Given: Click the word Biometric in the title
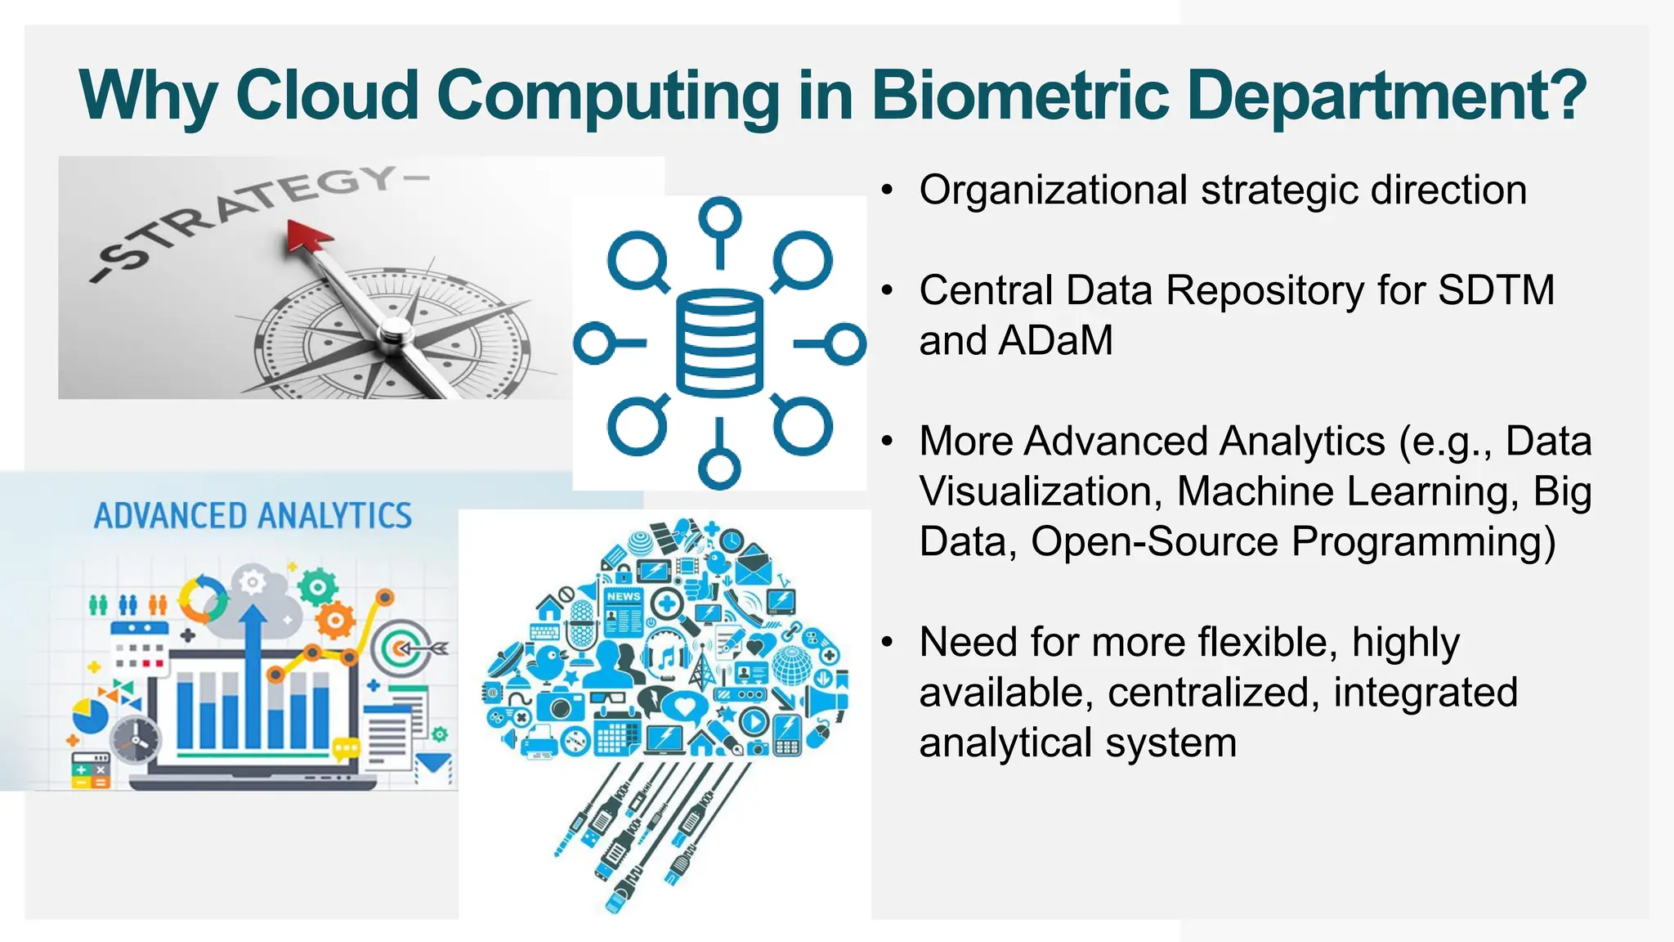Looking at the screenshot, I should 1020,96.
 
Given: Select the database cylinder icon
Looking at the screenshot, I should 719,343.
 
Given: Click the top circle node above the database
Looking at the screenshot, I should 719,219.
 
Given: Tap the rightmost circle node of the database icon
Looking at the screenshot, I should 845,343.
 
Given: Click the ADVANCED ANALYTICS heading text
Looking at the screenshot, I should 253,516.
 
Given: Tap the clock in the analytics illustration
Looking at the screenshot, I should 135,740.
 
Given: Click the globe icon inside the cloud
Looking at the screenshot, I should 791,664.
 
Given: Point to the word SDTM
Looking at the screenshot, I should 1496,290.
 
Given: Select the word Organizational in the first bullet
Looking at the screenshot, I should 1053,191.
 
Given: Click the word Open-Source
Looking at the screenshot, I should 1154,541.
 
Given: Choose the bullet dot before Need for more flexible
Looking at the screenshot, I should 888,643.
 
